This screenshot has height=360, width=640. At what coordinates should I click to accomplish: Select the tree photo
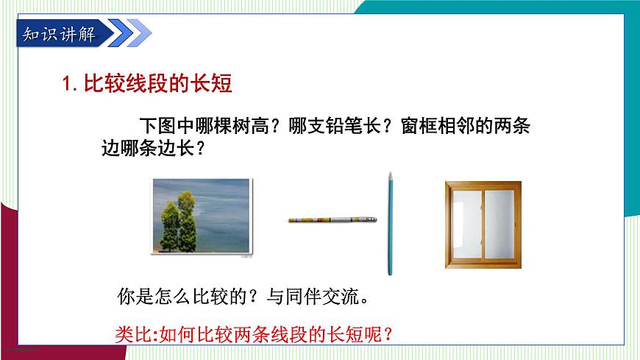coord(201,219)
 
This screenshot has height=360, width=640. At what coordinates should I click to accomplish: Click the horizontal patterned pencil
coord(333,219)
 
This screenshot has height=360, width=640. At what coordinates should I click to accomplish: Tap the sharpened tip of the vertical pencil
coord(389,174)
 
